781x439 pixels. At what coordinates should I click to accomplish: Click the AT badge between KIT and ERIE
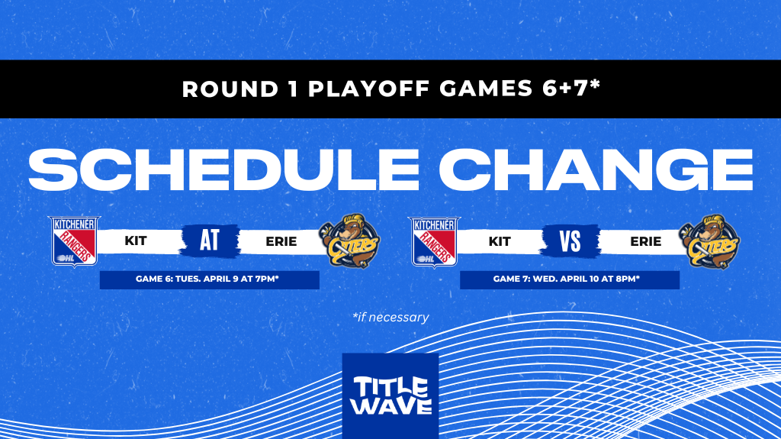210,240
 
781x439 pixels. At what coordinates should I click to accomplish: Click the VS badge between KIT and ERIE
570,241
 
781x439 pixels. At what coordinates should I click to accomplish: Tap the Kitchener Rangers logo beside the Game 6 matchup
74,241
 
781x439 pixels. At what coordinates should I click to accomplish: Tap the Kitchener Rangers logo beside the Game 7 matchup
435,241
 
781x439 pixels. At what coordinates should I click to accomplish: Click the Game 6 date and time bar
209,279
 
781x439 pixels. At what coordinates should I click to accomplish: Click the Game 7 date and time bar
569,279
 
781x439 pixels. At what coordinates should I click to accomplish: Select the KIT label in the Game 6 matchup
136,241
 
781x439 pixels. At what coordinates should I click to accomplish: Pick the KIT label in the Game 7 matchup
500,241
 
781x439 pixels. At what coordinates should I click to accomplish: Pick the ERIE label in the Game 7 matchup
645,241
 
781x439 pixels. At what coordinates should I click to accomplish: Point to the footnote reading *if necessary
390,317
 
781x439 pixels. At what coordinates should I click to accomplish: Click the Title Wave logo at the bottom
390,395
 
